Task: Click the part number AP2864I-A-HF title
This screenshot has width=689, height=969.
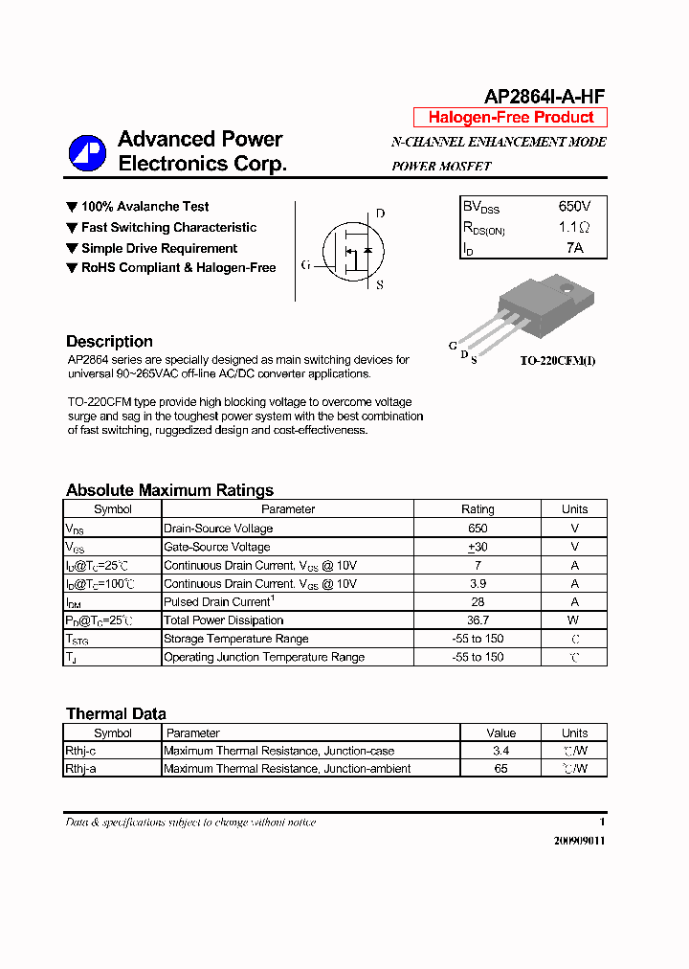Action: pos(545,97)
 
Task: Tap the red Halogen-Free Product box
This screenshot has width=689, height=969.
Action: pos(510,118)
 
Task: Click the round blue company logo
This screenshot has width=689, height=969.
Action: pos(87,153)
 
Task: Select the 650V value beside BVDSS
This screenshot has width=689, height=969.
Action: pos(574,207)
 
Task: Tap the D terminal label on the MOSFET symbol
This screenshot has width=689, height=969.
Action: pos(380,214)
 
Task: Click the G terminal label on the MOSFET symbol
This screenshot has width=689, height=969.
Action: pos(305,265)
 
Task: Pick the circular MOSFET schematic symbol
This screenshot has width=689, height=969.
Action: pos(351,250)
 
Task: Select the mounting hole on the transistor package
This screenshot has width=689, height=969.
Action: pos(563,287)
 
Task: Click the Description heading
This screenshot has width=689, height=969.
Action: pos(109,342)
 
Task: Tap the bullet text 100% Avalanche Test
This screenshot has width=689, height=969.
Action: pos(144,207)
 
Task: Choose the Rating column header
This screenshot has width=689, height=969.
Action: pos(478,509)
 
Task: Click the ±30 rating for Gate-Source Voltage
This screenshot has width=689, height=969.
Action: pos(478,547)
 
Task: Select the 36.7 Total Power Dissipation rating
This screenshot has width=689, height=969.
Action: pos(478,620)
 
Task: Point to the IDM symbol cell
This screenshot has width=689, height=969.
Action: pos(74,602)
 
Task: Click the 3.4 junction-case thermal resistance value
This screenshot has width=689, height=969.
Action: pos(500,751)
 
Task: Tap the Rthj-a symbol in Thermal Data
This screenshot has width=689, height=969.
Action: pos(80,769)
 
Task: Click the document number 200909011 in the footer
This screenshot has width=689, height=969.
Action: pos(579,841)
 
